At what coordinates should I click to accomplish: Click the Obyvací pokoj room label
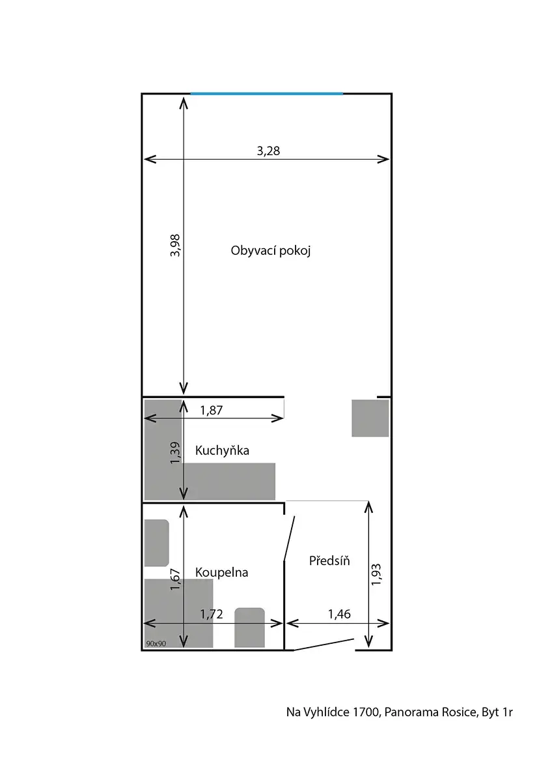[271, 251]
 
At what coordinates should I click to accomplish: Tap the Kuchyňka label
[222, 450]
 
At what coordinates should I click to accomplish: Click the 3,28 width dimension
[268, 151]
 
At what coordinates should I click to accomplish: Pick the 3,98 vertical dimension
[174, 246]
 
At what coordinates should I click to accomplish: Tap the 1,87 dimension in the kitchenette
[211, 410]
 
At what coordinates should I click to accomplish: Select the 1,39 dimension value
[174, 453]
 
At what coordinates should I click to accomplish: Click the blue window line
[267, 94]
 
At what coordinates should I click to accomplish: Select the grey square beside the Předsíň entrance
[370, 418]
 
